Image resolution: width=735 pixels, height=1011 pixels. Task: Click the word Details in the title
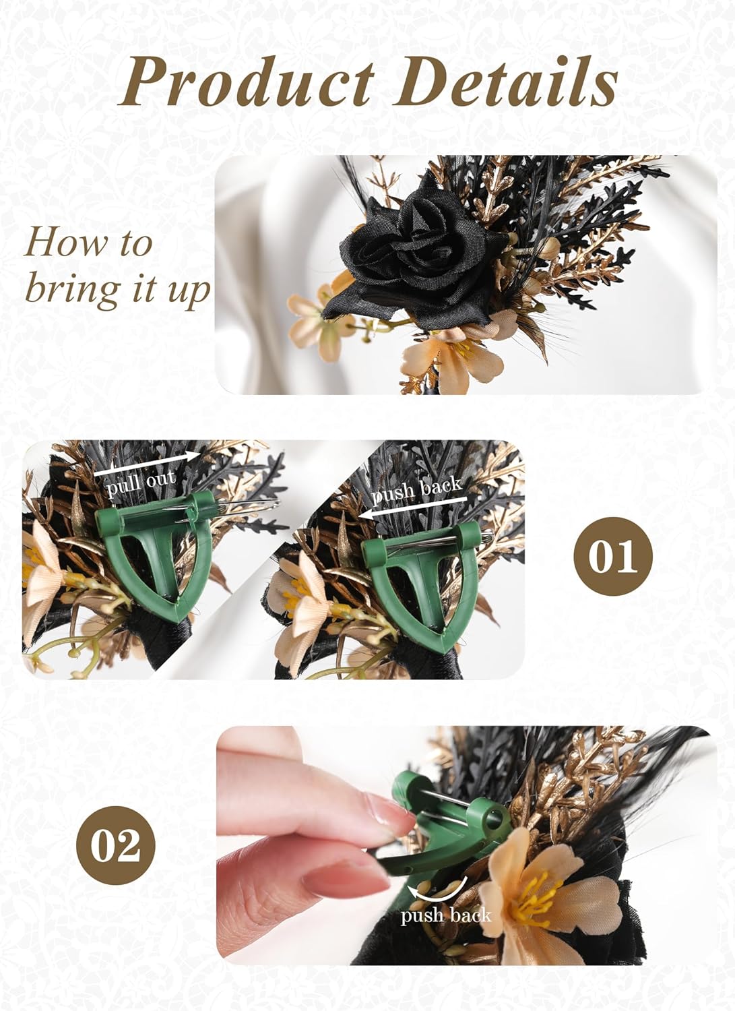point(512,84)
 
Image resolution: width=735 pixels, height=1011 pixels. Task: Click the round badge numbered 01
point(612,556)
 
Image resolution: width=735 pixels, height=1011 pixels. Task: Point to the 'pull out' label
point(141,483)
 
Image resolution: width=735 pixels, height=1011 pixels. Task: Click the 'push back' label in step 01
point(416,490)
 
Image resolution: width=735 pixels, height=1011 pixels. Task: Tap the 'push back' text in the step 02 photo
point(446,915)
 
